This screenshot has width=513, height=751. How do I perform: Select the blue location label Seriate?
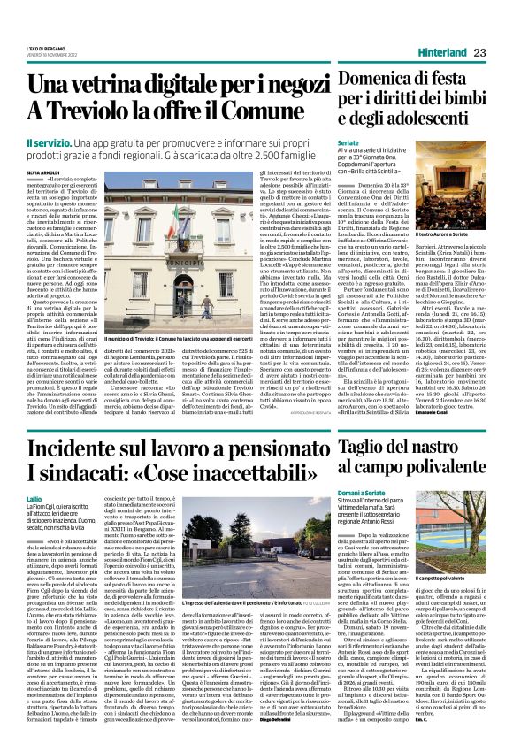[348, 142]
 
